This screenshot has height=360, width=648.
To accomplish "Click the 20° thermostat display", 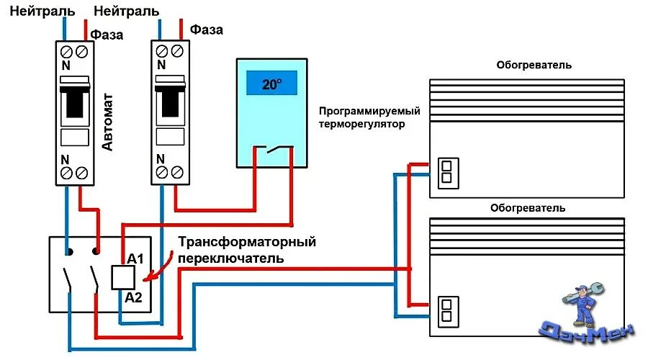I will click(272, 84).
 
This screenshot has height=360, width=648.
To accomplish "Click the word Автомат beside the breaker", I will click(107, 127).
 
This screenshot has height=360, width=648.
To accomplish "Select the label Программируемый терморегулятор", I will click(369, 117).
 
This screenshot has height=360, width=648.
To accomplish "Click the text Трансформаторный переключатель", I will click(247, 250).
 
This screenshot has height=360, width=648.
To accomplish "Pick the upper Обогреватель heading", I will click(534, 65).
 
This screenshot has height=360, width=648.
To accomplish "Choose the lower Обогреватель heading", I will click(528, 207).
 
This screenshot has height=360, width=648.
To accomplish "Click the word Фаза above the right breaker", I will click(206, 30).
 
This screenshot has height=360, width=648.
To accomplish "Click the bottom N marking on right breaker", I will click(161, 158).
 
